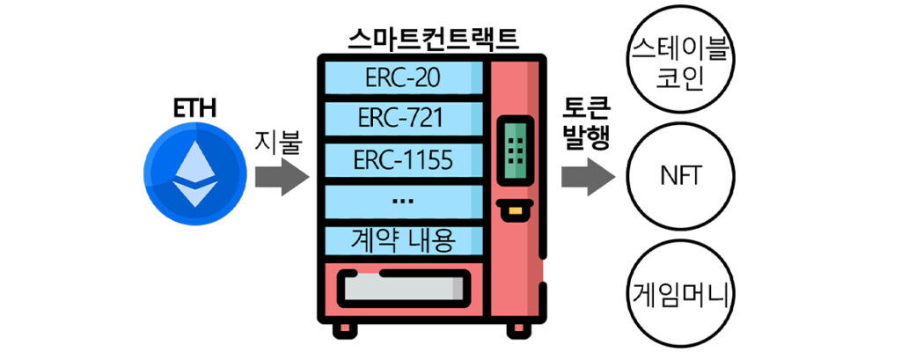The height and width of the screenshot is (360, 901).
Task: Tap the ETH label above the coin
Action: click(195, 110)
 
